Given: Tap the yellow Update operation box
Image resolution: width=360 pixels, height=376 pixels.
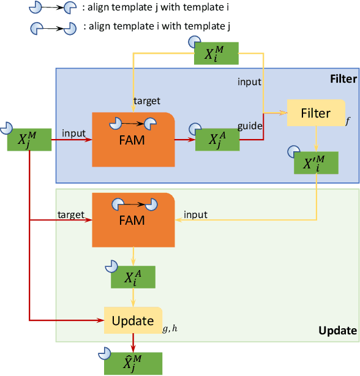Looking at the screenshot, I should tap(133, 320).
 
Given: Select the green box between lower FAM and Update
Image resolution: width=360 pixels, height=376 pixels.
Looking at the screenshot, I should tap(133, 277).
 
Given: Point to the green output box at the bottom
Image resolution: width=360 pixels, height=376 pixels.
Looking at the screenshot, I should tap(133, 363).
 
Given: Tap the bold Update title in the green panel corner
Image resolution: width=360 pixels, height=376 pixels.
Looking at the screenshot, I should tap(337, 331).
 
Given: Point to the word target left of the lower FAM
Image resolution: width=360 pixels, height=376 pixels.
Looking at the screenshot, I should tap(70, 215).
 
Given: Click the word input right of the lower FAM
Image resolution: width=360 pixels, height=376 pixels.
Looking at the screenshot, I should tap(195, 215).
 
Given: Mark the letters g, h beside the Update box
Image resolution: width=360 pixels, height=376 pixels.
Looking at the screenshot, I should tap(170, 329).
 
